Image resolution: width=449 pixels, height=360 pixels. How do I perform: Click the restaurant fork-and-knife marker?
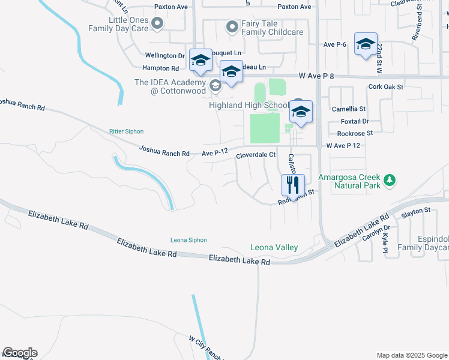[x=293, y=184]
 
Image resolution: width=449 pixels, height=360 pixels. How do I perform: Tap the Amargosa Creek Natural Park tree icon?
[x=391, y=179]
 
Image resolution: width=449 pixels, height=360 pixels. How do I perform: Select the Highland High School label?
[x=249, y=105]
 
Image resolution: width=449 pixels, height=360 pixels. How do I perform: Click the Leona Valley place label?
[x=274, y=247]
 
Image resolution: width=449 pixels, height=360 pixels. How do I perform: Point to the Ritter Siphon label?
[x=126, y=131]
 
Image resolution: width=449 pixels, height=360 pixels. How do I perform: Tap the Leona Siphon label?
[x=188, y=240]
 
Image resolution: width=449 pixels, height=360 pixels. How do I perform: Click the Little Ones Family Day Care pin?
[x=157, y=24]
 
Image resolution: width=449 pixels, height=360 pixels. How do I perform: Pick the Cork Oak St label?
[x=386, y=87]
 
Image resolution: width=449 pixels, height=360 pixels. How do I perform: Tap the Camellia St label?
[x=349, y=109]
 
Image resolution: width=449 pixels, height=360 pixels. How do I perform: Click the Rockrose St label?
[x=355, y=133]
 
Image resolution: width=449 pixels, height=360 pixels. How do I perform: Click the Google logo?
[x=20, y=353]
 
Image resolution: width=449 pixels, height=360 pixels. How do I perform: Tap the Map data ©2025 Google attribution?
[x=411, y=355]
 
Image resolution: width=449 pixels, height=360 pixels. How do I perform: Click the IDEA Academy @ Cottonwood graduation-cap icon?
[x=214, y=85]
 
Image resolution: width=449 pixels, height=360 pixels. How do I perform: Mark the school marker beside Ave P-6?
[x=366, y=44]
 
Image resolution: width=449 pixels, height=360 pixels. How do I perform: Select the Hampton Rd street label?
[x=161, y=68]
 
